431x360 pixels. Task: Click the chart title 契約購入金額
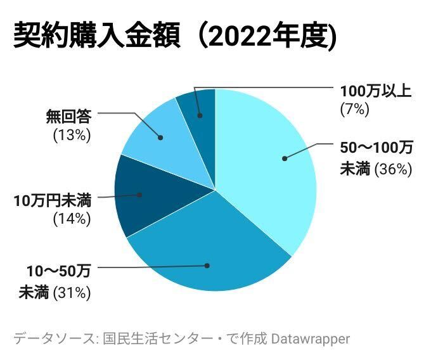[x=98, y=37]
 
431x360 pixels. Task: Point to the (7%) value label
[x=354, y=108]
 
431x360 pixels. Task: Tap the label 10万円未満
[x=53, y=202]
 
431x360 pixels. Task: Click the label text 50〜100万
[x=376, y=148]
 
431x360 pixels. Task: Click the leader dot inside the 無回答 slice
[x=160, y=137]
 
